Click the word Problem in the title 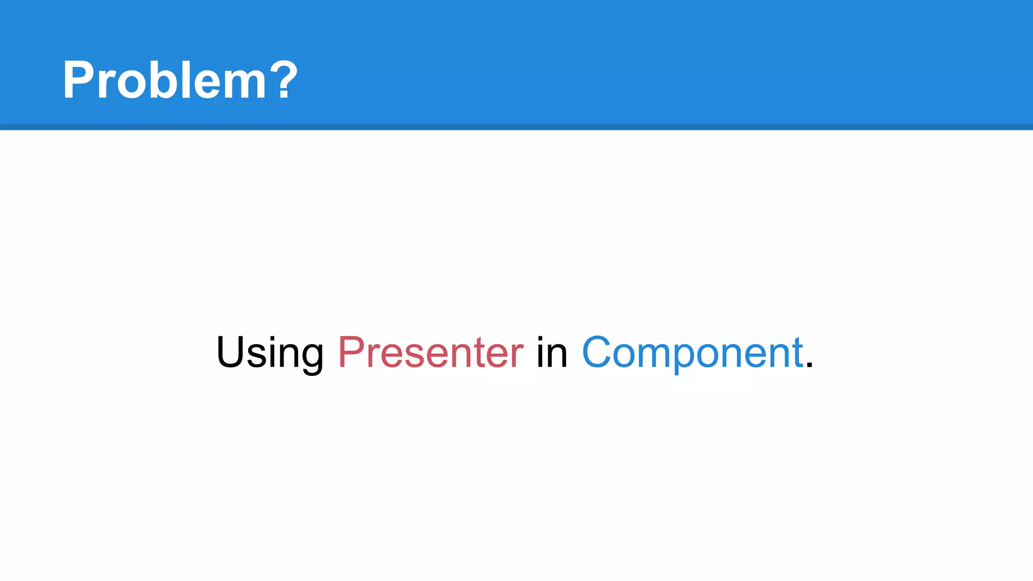[164, 80]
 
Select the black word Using [270, 353]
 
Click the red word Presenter [431, 353]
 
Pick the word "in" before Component [552, 353]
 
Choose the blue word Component [692, 353]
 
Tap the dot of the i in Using [272, 338]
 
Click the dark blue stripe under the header [516, 127]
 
